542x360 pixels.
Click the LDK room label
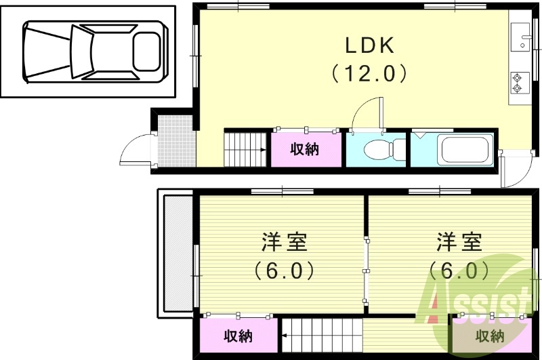click(x=370, y=45)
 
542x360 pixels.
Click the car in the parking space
click(x=93, y=52)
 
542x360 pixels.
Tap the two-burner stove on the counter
click(x=518, y=83)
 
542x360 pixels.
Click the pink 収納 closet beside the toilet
click(x=306, y=149)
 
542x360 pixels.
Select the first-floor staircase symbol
click(x=246, y=149)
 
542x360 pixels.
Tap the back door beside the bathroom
click(x=514, y=173)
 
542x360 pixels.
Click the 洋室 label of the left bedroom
click(x=284, y=242)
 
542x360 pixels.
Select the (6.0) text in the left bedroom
click(x=284, y=271)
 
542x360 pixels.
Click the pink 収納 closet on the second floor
click(x=238, y=335)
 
